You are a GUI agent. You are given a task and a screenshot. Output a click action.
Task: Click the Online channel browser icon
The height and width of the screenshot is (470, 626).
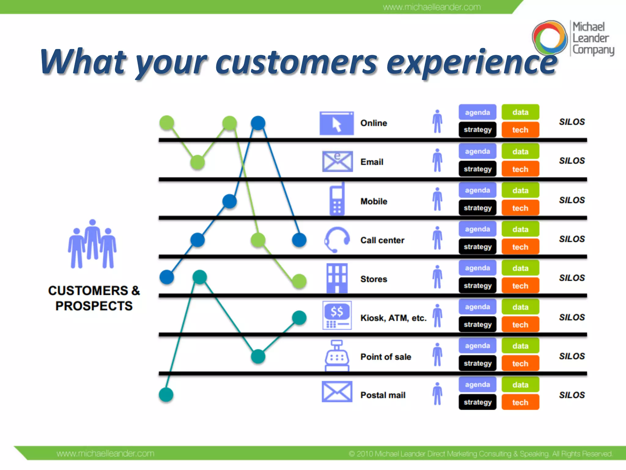tap(337, 123)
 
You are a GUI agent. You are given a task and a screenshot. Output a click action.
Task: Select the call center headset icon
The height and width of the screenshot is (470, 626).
tap(337, 240)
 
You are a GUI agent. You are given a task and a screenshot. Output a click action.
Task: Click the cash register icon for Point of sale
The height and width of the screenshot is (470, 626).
tap(337, 356)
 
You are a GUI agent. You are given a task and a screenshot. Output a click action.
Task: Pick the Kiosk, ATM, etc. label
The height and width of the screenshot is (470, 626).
tap(393, 318)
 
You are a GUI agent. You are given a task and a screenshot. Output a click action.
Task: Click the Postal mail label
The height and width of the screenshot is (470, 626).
tap(383, 395)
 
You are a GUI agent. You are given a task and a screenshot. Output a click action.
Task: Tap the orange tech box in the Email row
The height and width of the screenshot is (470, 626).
tap(520, 169)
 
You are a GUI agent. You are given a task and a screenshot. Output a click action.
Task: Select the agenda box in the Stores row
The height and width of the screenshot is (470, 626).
tap(477, 268)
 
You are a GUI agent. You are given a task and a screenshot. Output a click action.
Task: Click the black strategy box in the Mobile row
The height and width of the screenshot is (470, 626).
tap(477, 208)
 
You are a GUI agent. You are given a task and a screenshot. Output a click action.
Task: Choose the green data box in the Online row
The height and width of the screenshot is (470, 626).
tap(520, 112)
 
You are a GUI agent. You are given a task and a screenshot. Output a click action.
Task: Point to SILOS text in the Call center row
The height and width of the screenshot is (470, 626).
tap(572, 239)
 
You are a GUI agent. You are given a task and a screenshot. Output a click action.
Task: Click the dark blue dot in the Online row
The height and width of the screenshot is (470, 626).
tap(258, 123)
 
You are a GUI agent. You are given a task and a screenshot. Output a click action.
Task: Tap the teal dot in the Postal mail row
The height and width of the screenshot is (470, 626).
tap(166, 394)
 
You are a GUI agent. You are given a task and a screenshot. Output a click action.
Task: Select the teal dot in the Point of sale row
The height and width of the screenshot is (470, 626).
tap(258, 356)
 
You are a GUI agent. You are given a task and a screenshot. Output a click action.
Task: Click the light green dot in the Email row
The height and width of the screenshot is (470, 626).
tap(197, 162)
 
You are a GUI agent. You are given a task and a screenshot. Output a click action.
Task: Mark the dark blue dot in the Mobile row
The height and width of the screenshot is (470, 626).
tap(229, 201)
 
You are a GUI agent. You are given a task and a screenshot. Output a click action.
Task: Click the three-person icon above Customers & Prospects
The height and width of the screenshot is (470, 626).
tap(92, 244)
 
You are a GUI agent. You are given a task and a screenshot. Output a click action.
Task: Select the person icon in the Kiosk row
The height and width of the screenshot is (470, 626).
tap(437, 315)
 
